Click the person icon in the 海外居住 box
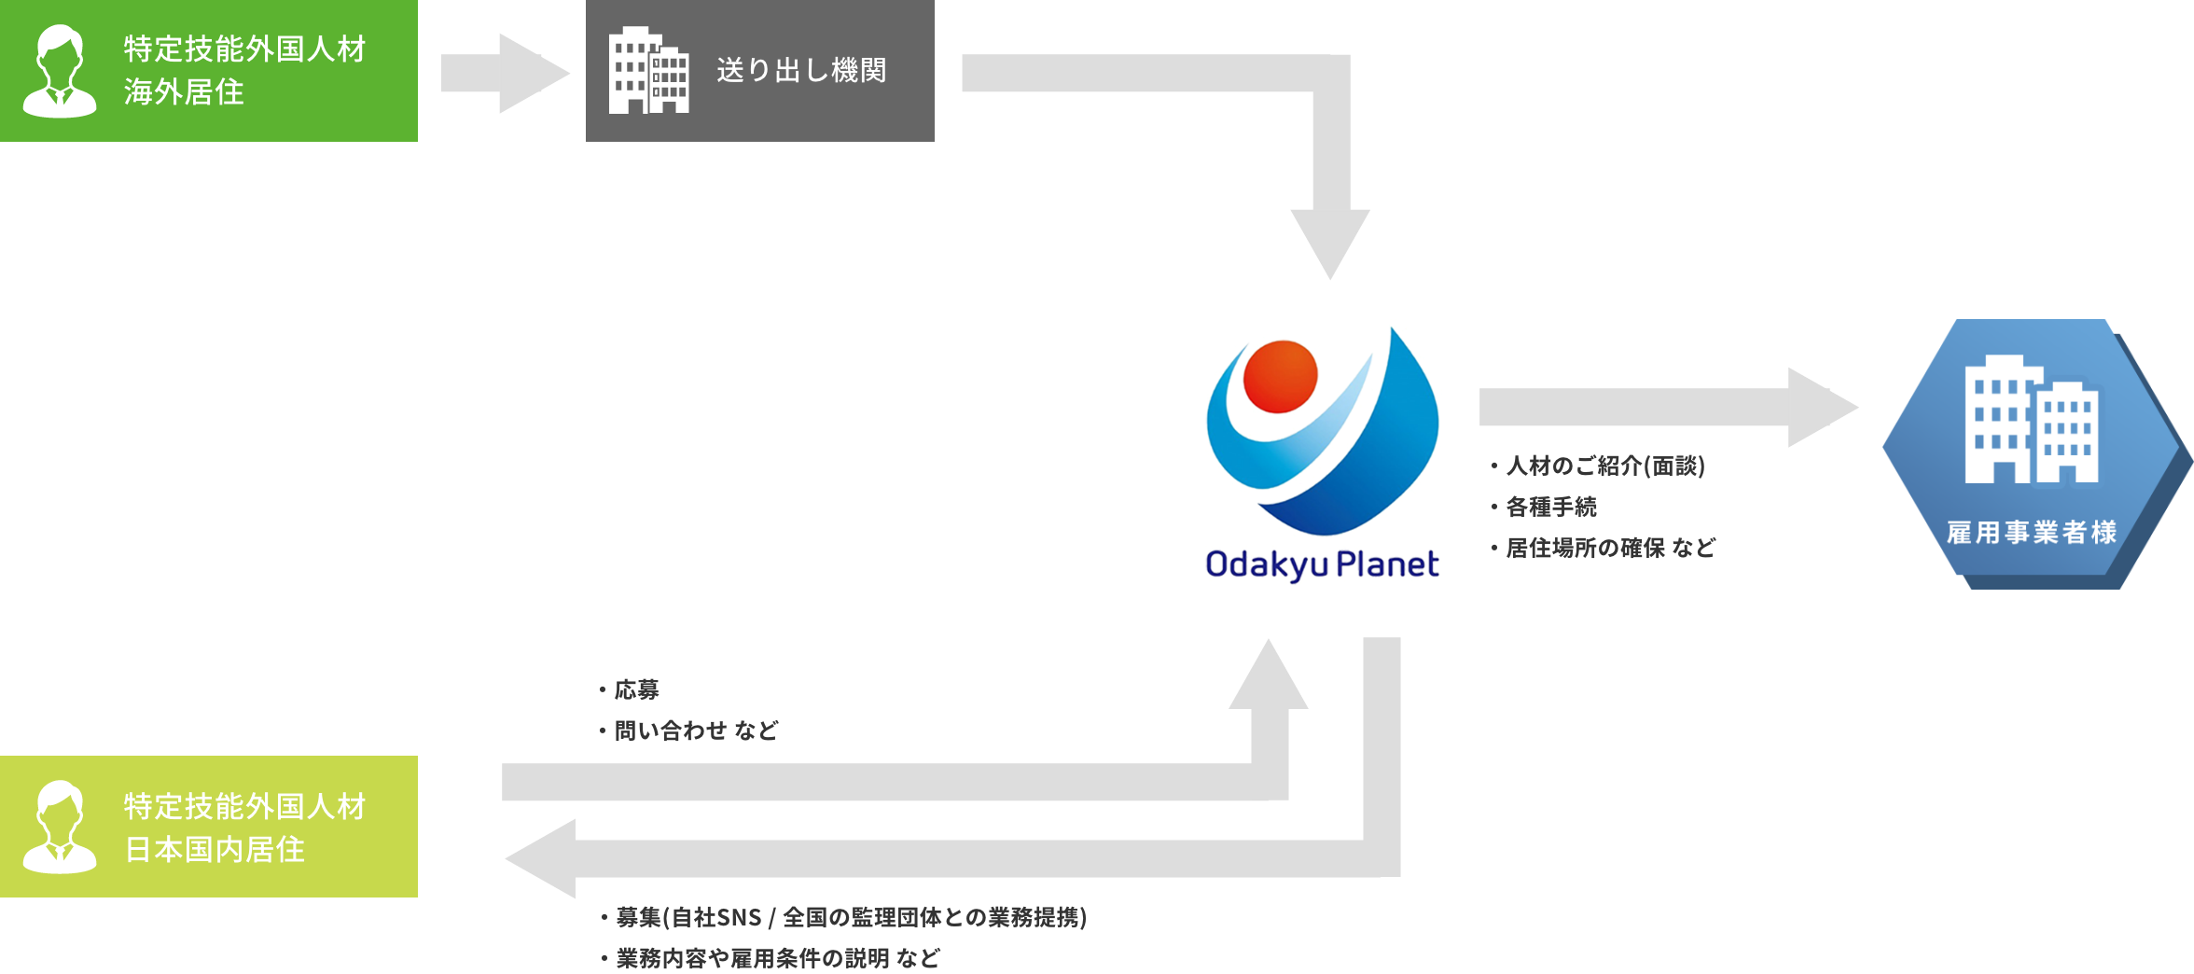click(x=60, y=72)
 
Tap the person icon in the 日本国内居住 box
click(x=60, y=828)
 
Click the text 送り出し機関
click(x=801, y=70)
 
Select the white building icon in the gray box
click(x=648, y=71)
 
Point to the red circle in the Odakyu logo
click(x=1280, y=376)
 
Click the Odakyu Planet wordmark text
click(x=1322, y=564)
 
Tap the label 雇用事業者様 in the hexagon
click(x=2032, y=533)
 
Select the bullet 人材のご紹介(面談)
click(x=1604, y=466)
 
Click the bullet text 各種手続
click(x=1550, y=507)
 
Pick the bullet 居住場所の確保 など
click(x=1610, y=548)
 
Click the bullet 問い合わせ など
click(x=696, y=730)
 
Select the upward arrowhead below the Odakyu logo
click(x=1269, y=676)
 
